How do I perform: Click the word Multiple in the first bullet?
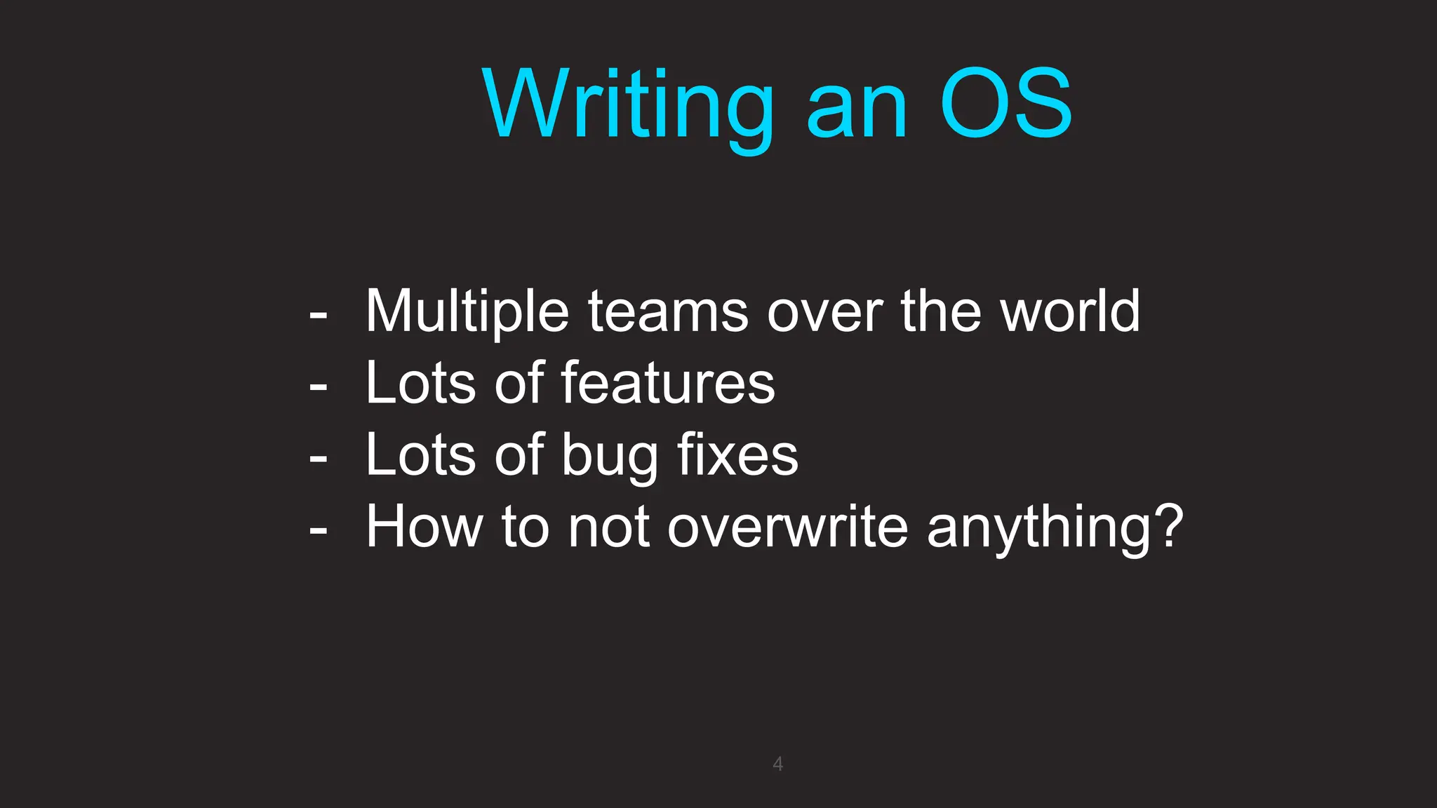pyautogui.click(x=467, y=312)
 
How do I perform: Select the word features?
pyautogui.click(x=668, y=384)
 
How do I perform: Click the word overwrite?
pyautogui.click(x=787, y=527)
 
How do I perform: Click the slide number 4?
pyautogui.click(x=777, y=764)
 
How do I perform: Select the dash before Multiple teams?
pyautogui.click(x=319, y=316)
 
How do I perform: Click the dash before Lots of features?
pyautogui.click(x=319, y=387)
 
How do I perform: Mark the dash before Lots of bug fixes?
pyautogui.click(x=319, y=459)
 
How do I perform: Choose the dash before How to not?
pyautogui.click(x=319, y=531)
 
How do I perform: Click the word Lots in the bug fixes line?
pyautogui.click(x=420, y=455)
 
